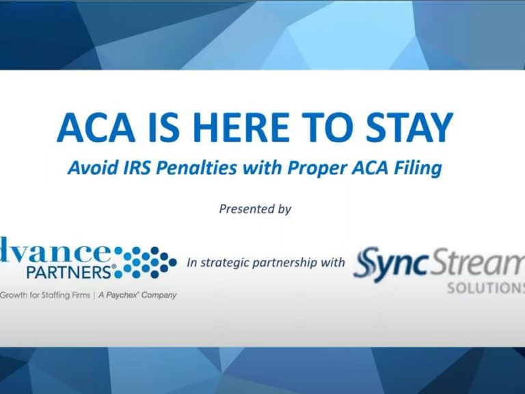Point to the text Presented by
coord(255,209)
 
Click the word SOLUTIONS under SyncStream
coord(486,288)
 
